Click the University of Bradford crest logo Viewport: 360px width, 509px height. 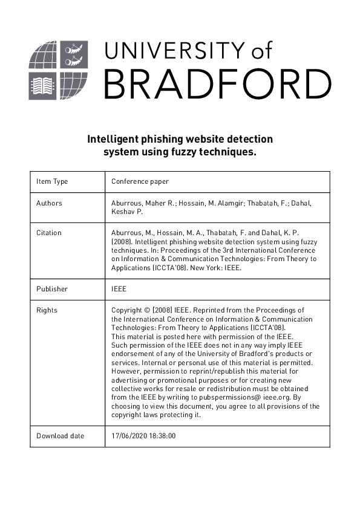58,71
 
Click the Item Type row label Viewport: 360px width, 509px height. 52,181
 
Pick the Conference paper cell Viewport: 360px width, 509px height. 140,181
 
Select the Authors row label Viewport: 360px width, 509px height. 49,203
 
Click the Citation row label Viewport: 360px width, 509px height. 49,233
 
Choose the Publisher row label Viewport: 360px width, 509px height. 52,289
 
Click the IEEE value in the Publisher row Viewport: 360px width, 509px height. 119,289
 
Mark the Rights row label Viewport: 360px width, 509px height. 47,310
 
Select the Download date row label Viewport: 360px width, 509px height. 61,436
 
